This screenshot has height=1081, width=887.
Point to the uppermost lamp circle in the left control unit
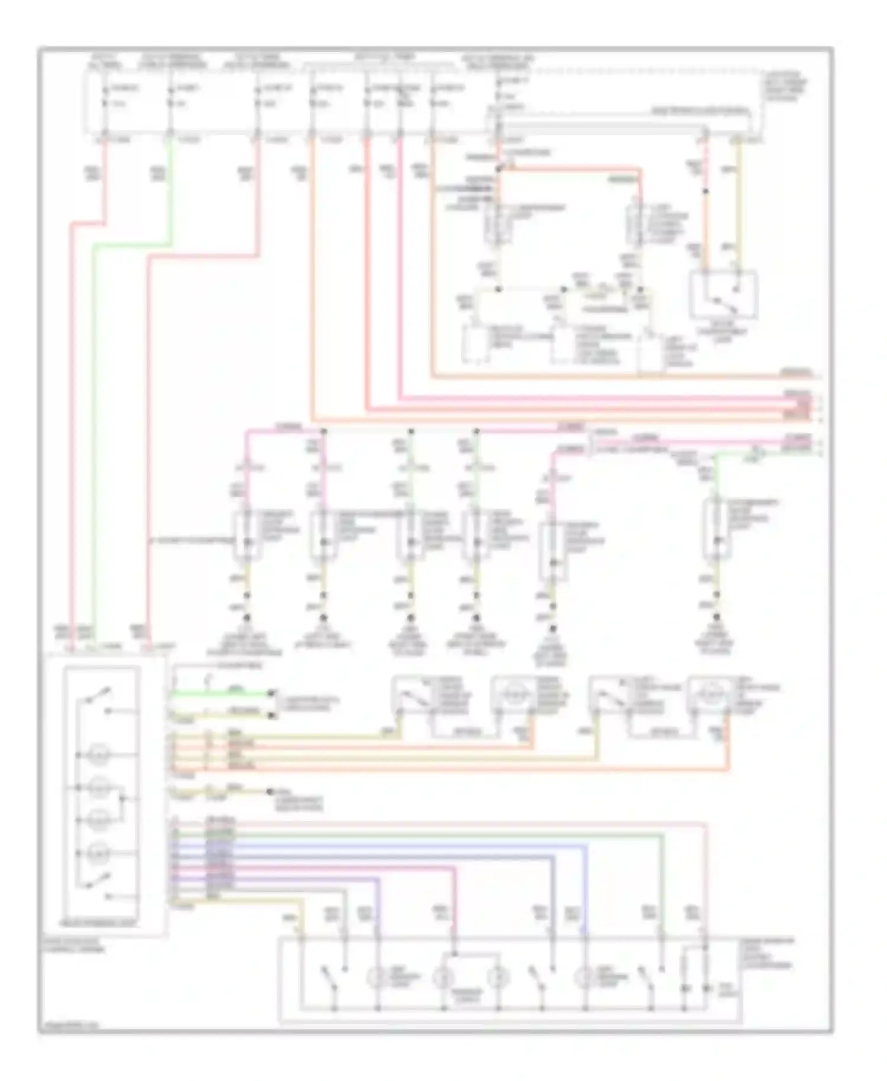pyautogui.click(x=99, y=755)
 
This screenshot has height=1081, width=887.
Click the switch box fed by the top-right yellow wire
pyautogui.click(x=723, y=294)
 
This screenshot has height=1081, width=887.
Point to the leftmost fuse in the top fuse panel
pyautogui.click(x=105, y=96)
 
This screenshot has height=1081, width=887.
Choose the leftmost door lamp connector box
pyautogui.click(x=247, y=535)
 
